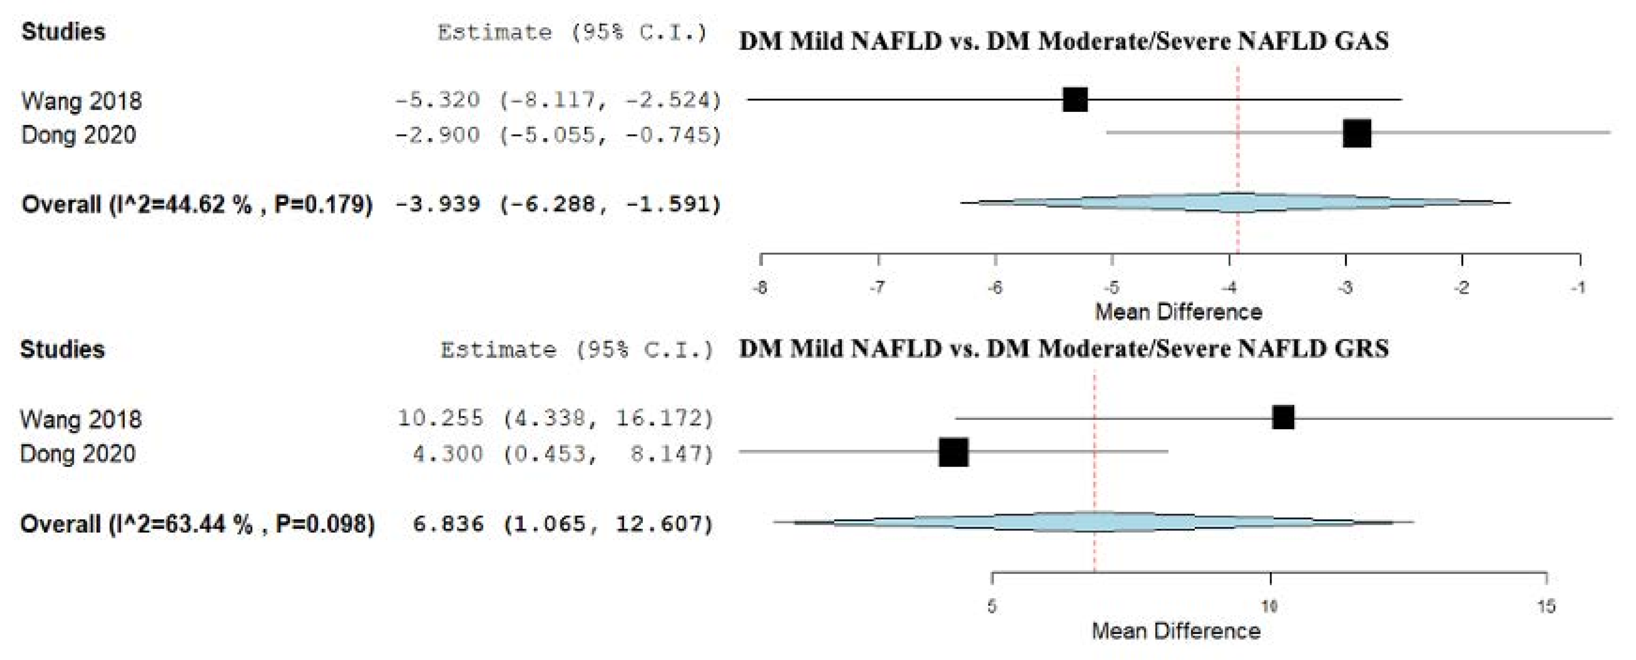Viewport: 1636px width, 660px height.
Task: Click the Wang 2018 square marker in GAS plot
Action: click(x=1075, y=100)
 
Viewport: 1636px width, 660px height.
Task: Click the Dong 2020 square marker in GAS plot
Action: click(x=1356, y=133)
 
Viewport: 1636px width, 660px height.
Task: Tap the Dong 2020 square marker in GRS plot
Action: click(x=953, y=452)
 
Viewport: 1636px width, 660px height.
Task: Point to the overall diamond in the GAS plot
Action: click(x=1236, y=203)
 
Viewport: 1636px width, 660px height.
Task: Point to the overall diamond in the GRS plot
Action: click(x=1094, y=522)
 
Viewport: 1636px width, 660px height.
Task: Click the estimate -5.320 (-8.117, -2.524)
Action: click(x=557, y=100)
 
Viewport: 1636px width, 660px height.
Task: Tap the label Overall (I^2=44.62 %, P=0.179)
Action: click(x=197, y=205)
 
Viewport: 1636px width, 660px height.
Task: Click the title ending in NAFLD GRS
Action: click(x=1064, y=349)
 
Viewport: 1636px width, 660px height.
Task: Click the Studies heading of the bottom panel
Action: click(x=62, y=350)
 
